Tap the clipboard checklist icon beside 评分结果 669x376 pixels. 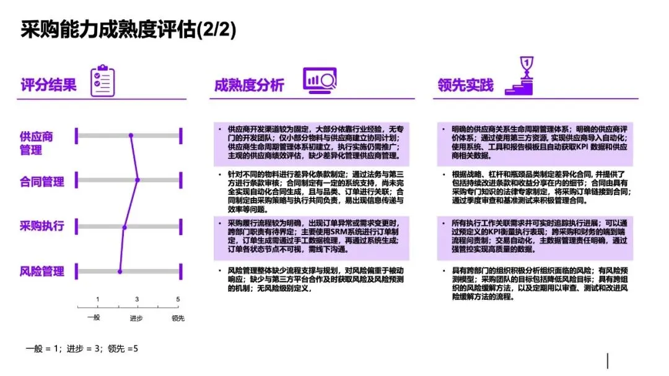tap(102, 81)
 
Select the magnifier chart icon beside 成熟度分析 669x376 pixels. tap(319, 81)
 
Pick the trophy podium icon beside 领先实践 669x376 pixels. tap(525, 77)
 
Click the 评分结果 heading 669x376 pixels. tap(48, 85)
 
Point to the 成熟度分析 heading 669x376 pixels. tap(249, 85)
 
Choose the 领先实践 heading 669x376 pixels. tap(465, 85)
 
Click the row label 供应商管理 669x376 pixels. tap(37, 143)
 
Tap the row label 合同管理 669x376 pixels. tap(42, 181)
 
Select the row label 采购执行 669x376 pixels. tap(42, 226)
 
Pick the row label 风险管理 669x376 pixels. tap(42, 271)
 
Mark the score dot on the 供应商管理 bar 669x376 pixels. tap(131, 135)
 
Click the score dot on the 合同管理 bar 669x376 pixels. tap(138, 181)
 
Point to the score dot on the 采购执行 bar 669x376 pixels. tap(125, 227)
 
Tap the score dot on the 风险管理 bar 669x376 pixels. tap(120, 271)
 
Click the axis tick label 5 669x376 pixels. tap(178, 299)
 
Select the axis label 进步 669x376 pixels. tap(137, 318)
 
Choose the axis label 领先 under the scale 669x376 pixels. tap(178, 318)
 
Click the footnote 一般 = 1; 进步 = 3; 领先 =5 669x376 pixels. tap(82, 349)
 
